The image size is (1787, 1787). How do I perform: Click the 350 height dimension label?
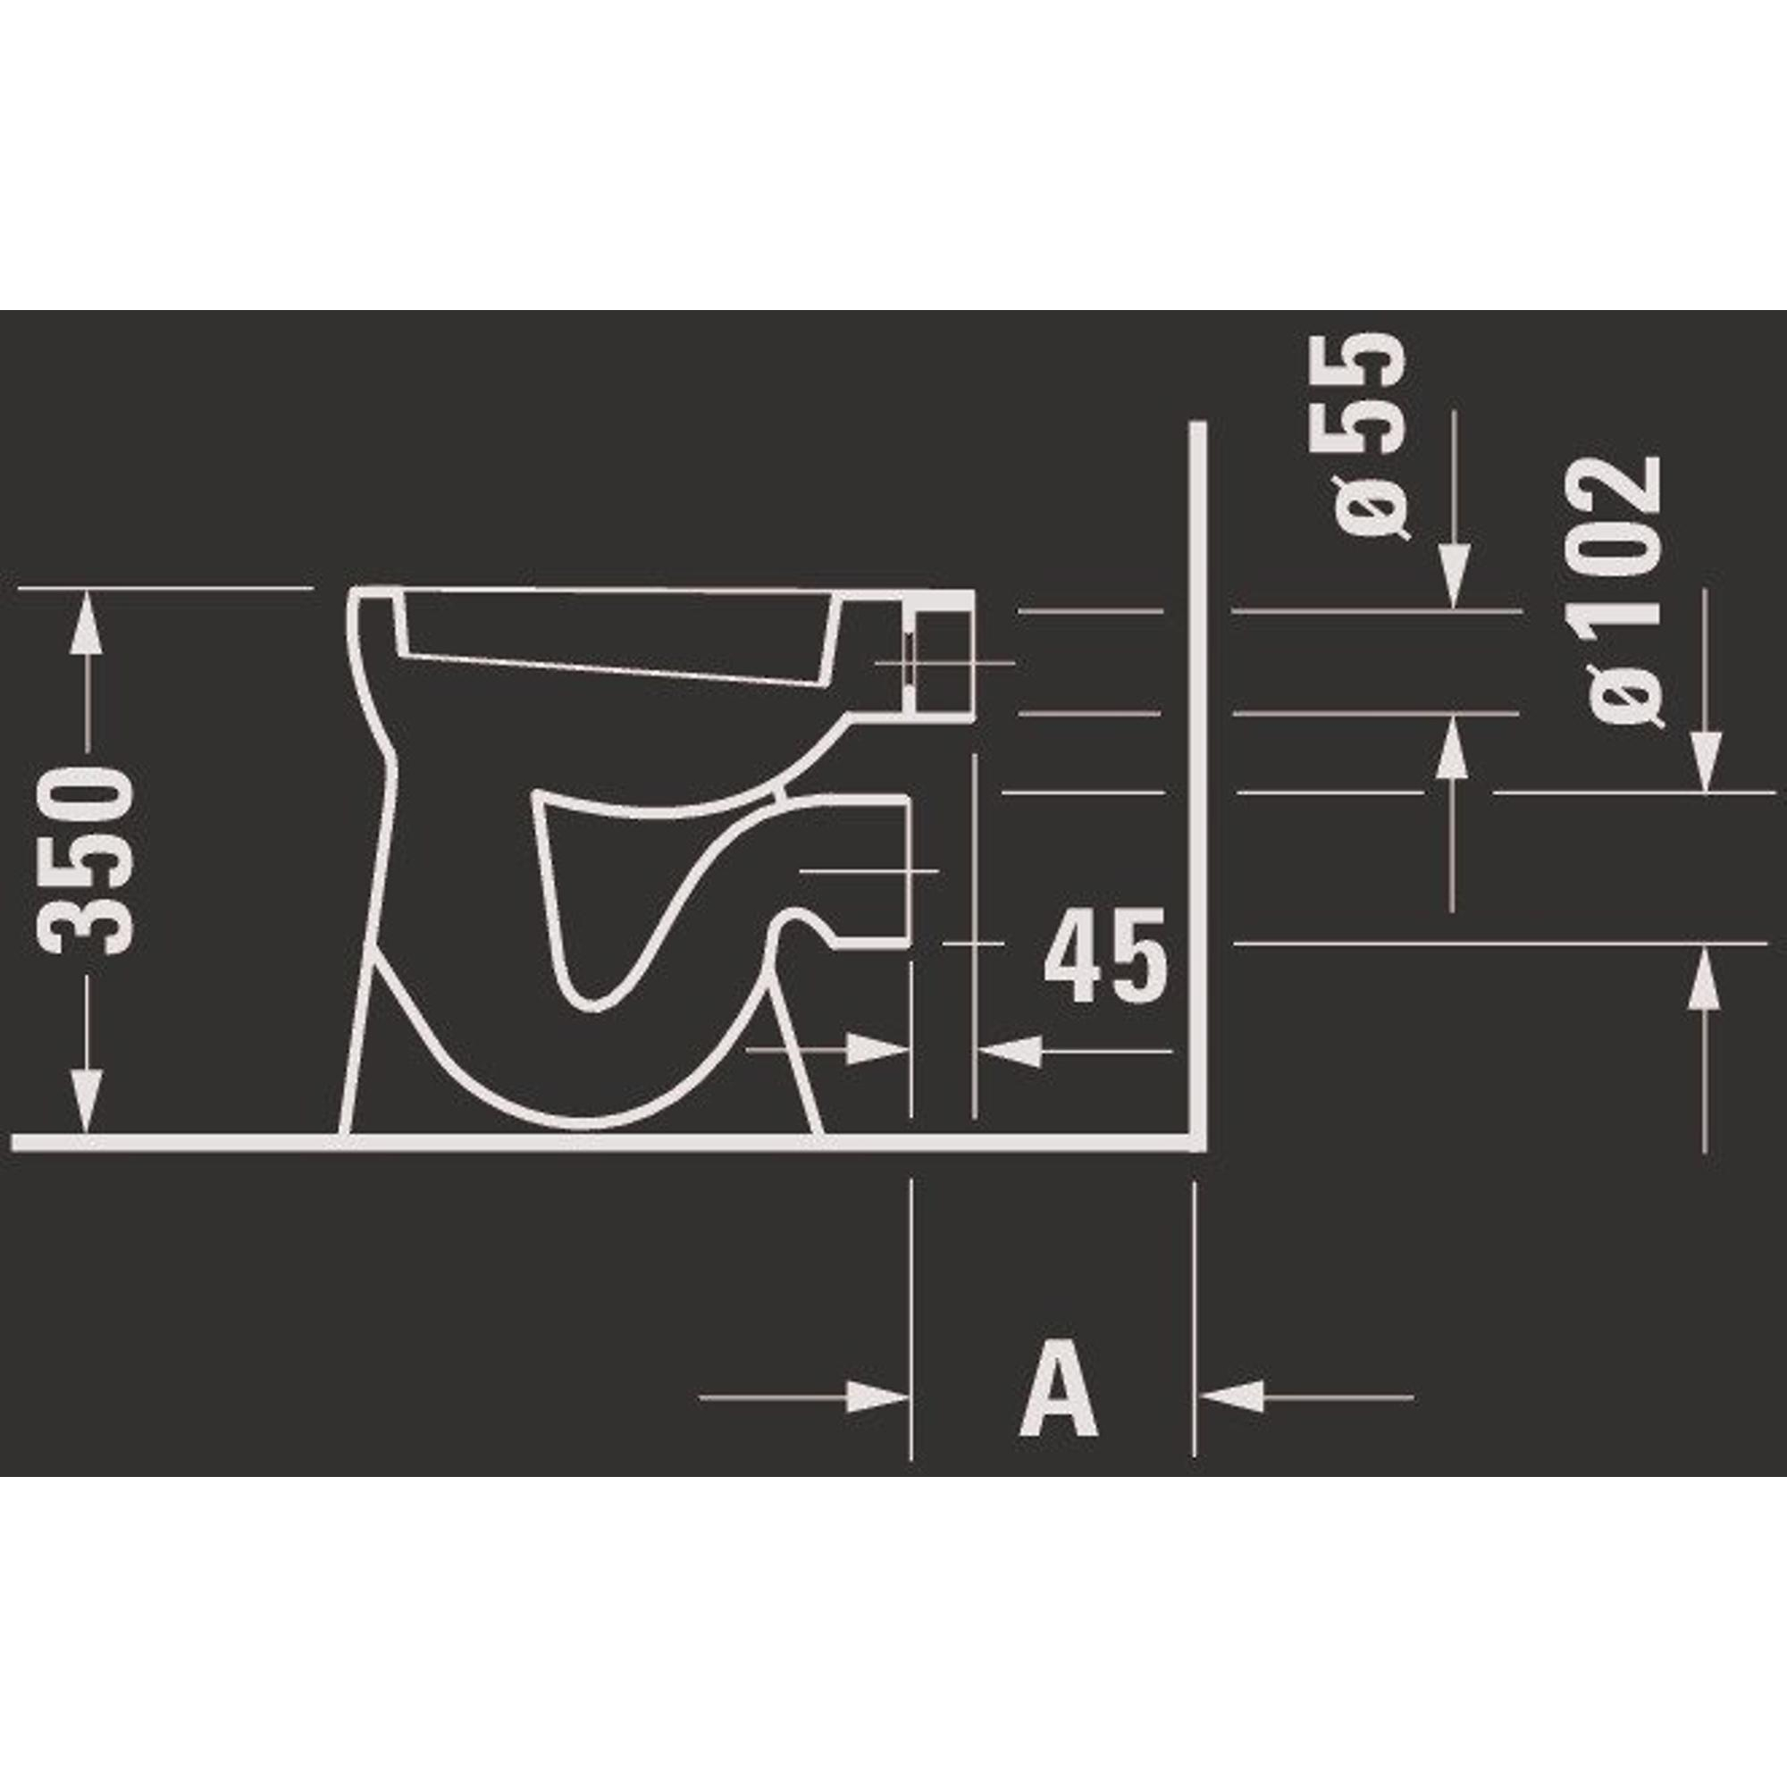coord(85,859)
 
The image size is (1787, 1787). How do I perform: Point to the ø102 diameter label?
coord(1624,592)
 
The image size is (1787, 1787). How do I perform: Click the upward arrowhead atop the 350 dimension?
coord(86,626)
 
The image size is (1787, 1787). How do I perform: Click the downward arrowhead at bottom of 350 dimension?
coord(86,1099)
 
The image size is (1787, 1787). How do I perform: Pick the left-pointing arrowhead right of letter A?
coord(1230,1397)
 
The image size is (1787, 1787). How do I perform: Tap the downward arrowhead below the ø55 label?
coord(1453,575)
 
